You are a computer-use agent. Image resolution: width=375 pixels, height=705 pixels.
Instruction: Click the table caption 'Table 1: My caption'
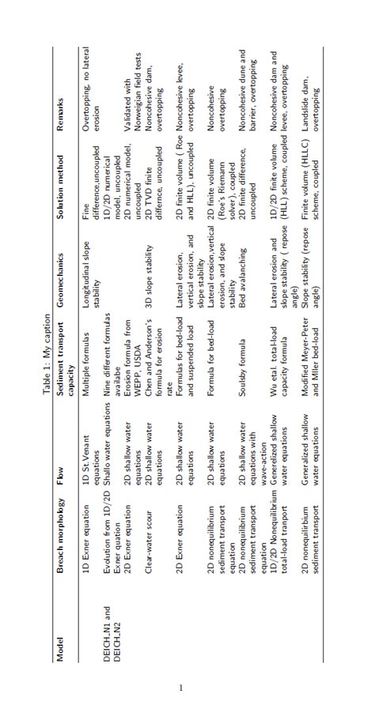tap(47, 352)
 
